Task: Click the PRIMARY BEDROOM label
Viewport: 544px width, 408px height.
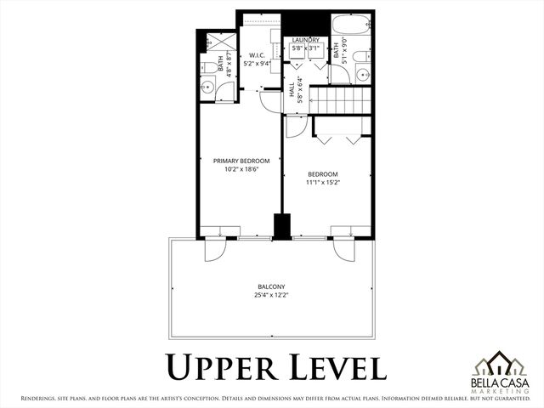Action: pos(241,161)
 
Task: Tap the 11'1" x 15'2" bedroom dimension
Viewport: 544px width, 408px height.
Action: pos(323,182)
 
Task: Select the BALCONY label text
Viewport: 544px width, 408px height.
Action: pos(271,286)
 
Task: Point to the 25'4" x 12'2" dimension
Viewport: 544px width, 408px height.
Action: pos(271,296)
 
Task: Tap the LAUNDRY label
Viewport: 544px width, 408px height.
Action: pos(305,40)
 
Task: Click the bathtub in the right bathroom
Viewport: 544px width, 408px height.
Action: pos(348,25)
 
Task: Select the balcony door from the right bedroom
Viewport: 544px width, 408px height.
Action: pos(343,250)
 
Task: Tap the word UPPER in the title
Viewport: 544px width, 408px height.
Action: pos(218,367)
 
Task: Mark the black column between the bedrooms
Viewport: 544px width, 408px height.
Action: pos(277,228)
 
